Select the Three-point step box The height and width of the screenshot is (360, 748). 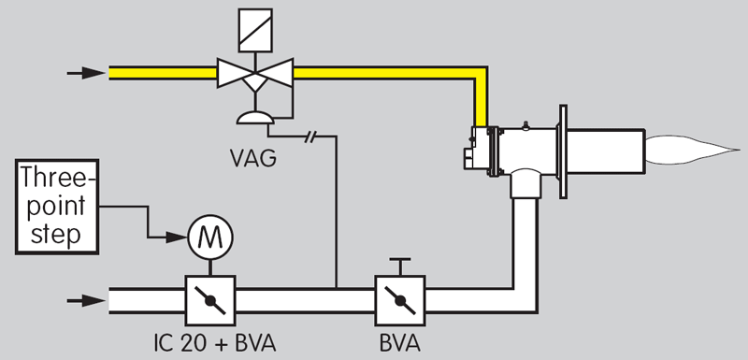point(58,206)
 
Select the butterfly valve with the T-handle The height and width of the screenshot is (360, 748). point(399,300)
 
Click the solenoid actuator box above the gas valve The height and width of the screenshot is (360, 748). point(252,25)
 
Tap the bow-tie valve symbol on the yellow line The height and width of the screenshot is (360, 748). point(252,72)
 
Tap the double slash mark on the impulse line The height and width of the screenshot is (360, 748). point(312,137)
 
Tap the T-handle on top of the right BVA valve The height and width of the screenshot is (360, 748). point(399,265)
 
